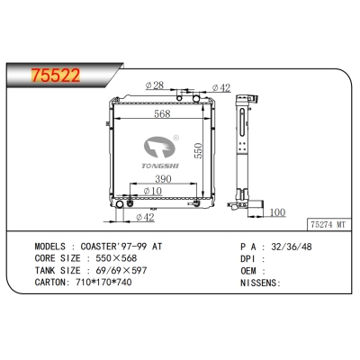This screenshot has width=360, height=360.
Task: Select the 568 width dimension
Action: pyautogui.click(x=162, y=113)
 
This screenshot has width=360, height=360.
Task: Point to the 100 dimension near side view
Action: pyautogui.click(x=278, y=212)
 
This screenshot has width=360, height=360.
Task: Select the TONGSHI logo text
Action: pyautogui.click(x=161, y=165)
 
